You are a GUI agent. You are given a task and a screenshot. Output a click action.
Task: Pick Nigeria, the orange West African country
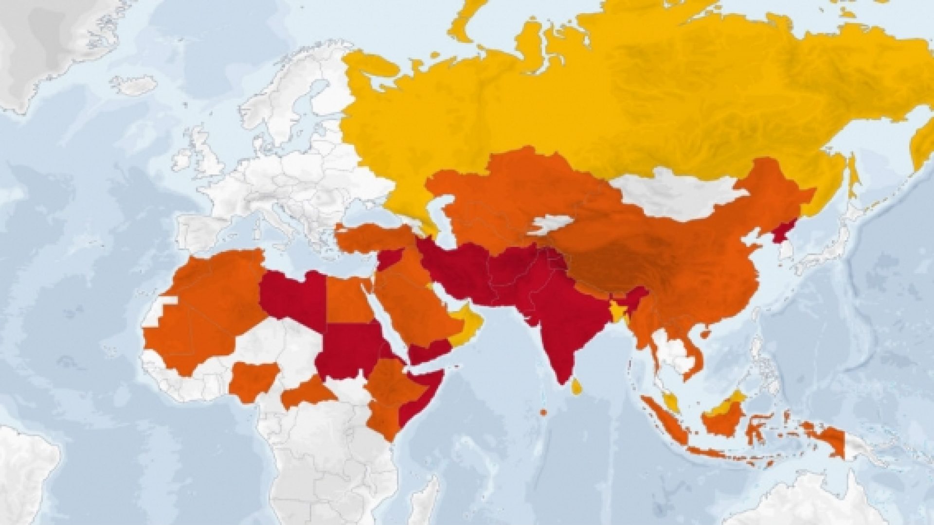point(253,382)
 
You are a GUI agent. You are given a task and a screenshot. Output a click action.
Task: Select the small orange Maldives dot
point(543,412)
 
